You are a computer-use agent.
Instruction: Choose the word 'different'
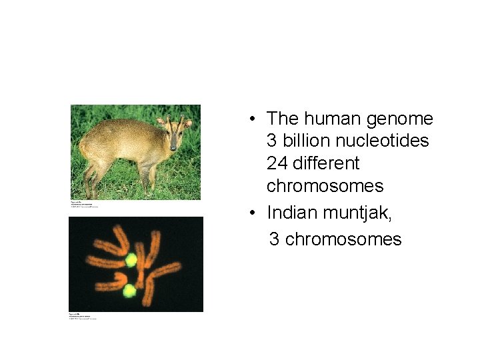[x=327, y=163]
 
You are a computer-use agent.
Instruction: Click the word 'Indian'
[x=292, y=213]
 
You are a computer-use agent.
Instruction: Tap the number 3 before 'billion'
[x=271, y=141]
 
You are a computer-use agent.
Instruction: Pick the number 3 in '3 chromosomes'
[x=274, y=239]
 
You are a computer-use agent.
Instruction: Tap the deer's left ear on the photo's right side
[x=188, y=123]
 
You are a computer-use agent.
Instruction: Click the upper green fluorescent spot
[x=131, y=260]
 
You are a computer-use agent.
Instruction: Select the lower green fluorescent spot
[x=129, y=291]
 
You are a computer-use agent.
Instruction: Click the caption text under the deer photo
[x=85, y=203]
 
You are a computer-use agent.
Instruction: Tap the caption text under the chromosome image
[x=83, y=316]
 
